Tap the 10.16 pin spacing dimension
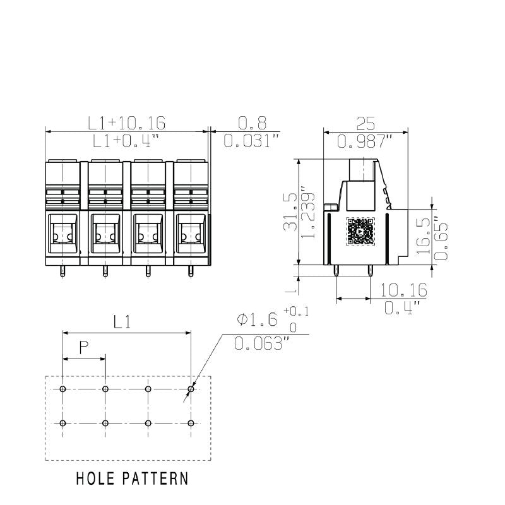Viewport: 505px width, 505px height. pos(404,290)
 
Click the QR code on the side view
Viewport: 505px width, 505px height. pos(359,232)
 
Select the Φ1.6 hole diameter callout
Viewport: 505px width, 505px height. pos(257,320)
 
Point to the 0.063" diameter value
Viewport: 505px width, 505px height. pos(261,343)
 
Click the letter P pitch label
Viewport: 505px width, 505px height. pos(83,347)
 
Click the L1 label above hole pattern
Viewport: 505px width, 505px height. pos(123,322)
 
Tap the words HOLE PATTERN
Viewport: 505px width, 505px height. pos(132,478)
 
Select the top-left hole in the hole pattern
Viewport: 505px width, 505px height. pos(62,389)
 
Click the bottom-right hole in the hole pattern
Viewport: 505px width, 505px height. pos(191,422)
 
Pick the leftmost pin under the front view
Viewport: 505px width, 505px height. pos(62,271)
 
